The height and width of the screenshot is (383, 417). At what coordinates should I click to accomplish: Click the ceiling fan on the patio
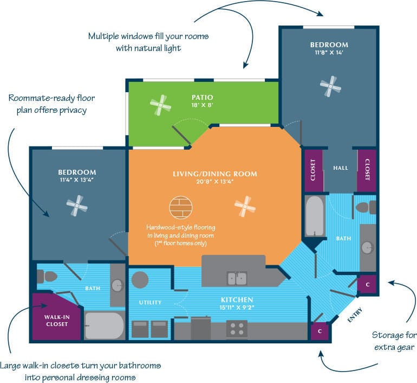pyautogui.click(x=161, y=105)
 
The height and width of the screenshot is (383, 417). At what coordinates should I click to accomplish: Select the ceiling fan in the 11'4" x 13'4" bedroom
pyautogui.click(x=77, y=206)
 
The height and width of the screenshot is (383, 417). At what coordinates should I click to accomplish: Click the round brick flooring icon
pyautogui.click(x=180, y=207)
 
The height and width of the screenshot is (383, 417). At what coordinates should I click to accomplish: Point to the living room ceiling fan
pyautogui.click(x=245, y=207)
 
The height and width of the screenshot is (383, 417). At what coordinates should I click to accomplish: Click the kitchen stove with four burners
pyautogui.click(x=237, y=329)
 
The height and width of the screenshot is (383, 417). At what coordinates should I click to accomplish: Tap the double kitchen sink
pyautogui.click(x=237, y=278)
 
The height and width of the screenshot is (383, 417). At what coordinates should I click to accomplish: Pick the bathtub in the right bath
pyautogui.click(x=315, y=216)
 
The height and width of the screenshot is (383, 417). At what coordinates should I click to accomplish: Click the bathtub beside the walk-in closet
pyautogui.click(x=104, y=325)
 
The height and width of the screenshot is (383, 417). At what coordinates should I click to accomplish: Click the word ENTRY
pyautogui.click(x=355, y=315)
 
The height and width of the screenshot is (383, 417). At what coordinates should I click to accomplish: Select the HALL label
pyautogui.click(x=341, y=168)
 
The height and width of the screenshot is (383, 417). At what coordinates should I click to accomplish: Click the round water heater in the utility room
pyautogui.click(x=140, y=280)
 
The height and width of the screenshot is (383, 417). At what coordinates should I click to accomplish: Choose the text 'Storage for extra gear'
pyautogui.click(x=393, y=341)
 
